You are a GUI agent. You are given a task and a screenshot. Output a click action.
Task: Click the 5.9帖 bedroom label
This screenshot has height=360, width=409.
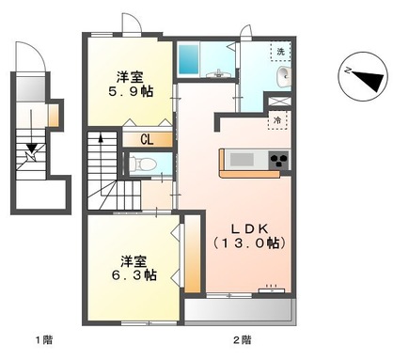[x=132, y=86]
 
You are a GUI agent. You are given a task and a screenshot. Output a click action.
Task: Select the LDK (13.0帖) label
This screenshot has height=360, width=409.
[x=245, y=234]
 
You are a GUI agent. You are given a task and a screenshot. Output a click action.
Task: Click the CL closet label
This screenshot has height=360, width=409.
[x=147, y=139]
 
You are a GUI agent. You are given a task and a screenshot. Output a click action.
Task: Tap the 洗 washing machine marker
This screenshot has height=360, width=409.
[x=280, y=50]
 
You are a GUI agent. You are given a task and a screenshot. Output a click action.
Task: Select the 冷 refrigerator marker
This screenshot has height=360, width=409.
[x=278, y=120]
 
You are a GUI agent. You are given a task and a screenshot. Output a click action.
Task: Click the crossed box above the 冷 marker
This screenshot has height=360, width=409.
[x=278, y=102]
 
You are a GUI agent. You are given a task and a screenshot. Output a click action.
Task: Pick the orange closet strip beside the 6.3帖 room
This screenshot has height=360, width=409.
[x=192, y=255]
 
